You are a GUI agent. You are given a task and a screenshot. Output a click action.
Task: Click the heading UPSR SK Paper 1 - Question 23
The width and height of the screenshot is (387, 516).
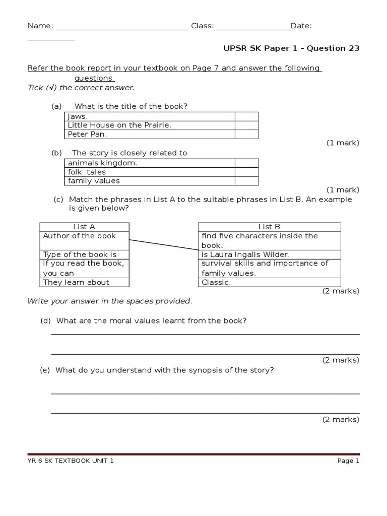pyautogui.click(x=291, y=48)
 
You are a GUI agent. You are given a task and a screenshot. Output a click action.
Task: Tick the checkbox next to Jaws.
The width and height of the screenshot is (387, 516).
pyautogui.click(x=246, y=116)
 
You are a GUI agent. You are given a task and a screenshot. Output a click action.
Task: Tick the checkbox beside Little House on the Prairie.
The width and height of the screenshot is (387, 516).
pyautogui.click(x=246, y=125)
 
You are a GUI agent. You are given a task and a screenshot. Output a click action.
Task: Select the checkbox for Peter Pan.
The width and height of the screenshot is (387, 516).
pyautogui.click(x=246, y=135)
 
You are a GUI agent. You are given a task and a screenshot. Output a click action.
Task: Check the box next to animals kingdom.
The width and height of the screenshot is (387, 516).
pyautogui.click(x=246, y=163)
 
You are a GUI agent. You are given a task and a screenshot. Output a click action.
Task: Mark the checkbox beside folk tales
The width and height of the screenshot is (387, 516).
pyautogui.click(x=246, y=172)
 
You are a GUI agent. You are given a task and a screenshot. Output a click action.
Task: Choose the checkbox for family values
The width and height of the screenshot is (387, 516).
pyautogui.click(x=246, y=181)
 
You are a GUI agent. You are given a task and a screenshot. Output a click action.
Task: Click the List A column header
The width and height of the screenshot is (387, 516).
pyautogui.click(x=84, y=227)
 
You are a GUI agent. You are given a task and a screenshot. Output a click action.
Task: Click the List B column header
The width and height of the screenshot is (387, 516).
pyautogui.click(x=269, y=227)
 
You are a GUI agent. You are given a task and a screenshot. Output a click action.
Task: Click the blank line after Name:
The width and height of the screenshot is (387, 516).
pyautogui.click(x=121, y=29)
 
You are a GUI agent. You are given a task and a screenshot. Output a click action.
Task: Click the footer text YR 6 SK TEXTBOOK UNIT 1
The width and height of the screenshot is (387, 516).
pyautogui.click(x=71, y=461)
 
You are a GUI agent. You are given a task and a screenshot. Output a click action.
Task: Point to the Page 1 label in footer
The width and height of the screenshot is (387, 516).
pyautogui.click(x=348, y=461)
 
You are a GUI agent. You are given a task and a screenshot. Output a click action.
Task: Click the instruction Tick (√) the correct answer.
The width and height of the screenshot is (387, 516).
pyautogui.click(x=81, y=88)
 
